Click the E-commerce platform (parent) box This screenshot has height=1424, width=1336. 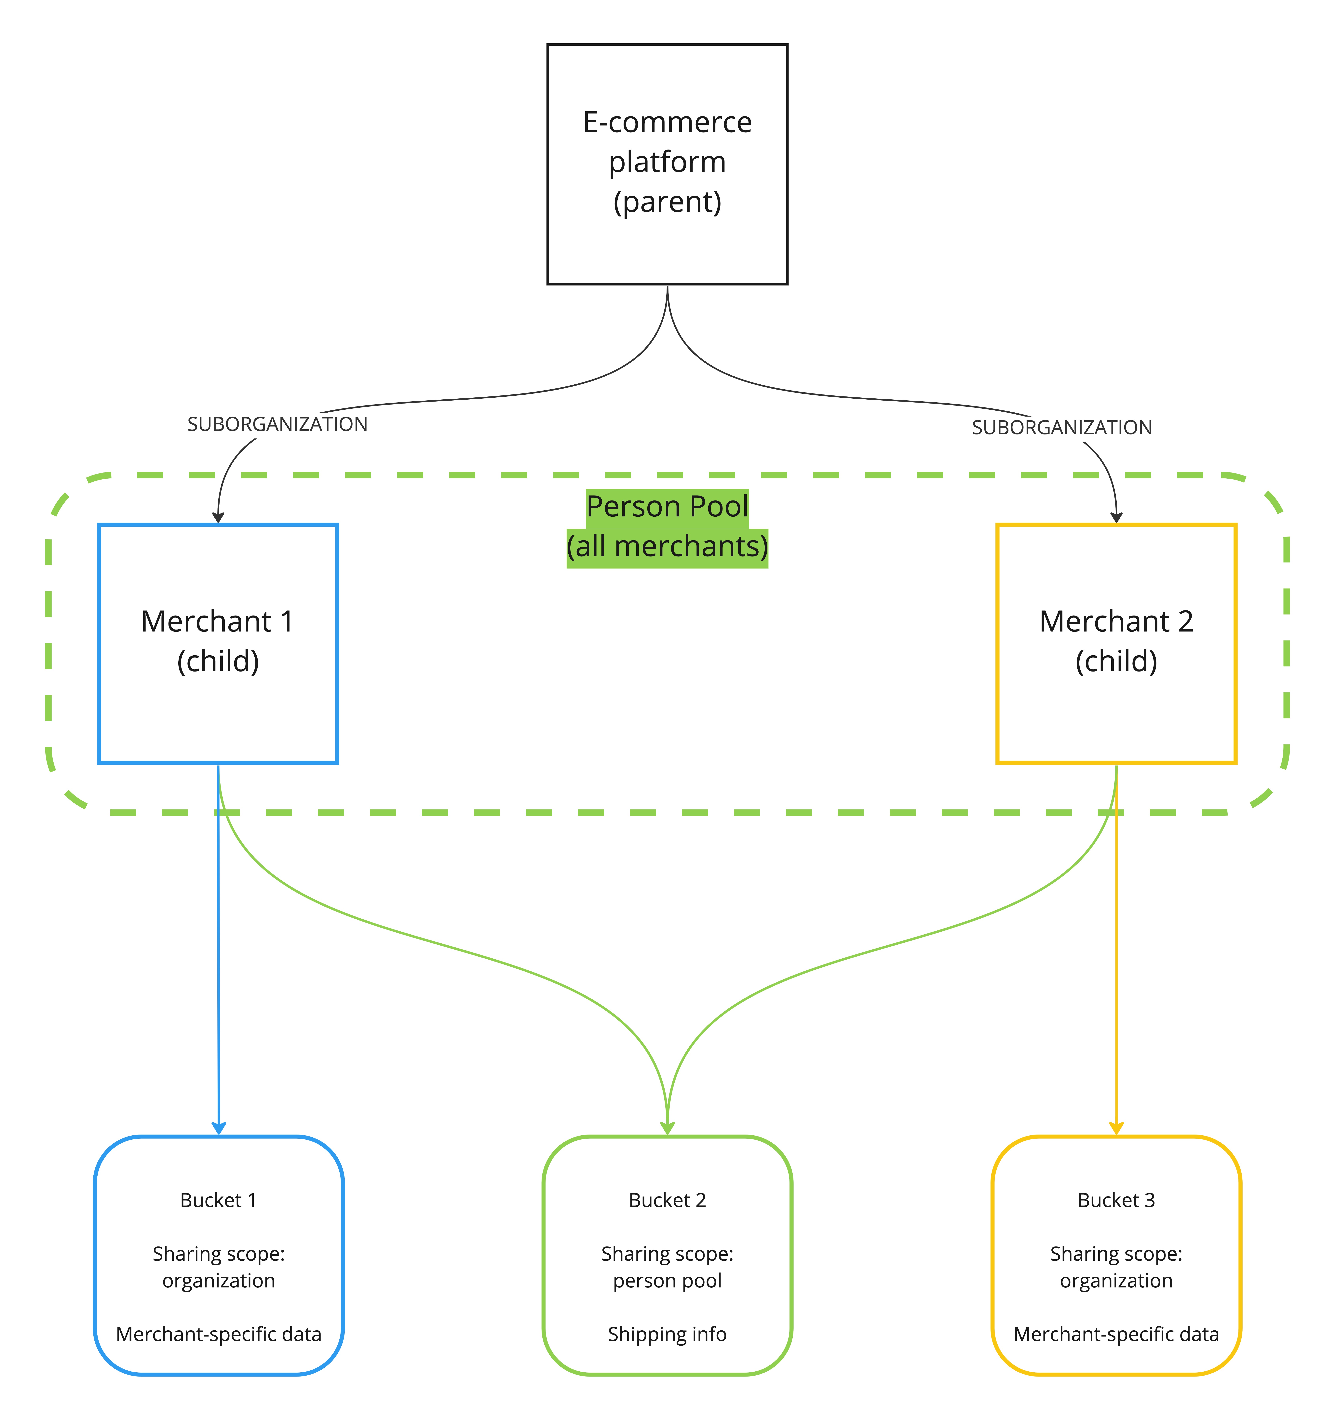[667, 164]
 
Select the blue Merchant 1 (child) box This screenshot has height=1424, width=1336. [218, 643]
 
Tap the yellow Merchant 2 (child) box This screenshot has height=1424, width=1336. [1116, 643]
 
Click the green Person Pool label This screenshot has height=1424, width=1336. [667, 506]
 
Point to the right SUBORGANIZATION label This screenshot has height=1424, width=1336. [1062, 428]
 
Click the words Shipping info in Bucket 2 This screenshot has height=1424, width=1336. [667, 1334]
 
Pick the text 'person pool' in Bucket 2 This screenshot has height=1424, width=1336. [667, 1281]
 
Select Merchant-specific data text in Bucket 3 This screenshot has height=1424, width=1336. [1116, 1334]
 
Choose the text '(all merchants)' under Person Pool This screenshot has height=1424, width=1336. [667, 547]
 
